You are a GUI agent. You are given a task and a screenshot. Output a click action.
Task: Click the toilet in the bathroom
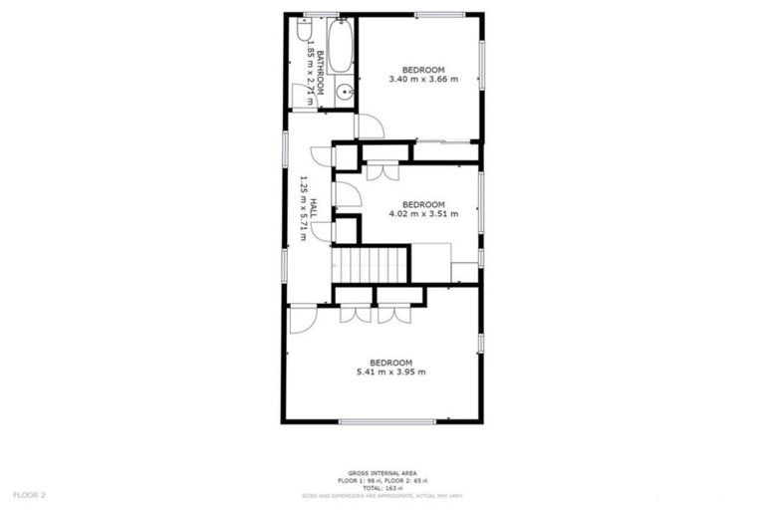coord(304,29)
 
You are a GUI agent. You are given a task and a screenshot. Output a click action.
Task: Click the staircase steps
coord(371,265)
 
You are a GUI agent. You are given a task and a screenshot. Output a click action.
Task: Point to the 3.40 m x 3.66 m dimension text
coord(423,80)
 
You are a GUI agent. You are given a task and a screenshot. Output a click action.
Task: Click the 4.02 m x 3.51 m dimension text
coord(423,213)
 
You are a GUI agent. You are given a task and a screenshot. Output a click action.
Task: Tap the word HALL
coord(314,208)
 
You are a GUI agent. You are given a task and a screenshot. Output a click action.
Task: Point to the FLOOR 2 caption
coord(30,494)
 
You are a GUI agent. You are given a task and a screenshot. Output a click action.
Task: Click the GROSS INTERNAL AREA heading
coord(382,473)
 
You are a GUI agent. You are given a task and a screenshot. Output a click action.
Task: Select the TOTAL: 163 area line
coord(382,487)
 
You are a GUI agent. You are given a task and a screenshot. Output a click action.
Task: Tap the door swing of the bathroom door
coord(303,96)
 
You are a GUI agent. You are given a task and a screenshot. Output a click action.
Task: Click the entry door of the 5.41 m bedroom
coord(302,319)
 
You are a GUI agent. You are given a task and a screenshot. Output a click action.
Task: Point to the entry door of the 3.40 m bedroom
coord(369,127)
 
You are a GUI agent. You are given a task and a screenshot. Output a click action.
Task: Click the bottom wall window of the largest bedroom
coord(386,421)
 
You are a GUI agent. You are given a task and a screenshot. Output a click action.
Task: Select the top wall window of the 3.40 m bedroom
coord(439,14)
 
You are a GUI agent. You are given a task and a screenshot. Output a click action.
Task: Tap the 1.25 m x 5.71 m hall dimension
coord(303,208)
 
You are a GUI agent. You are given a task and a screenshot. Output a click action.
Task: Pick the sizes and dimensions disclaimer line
coord(382,495)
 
